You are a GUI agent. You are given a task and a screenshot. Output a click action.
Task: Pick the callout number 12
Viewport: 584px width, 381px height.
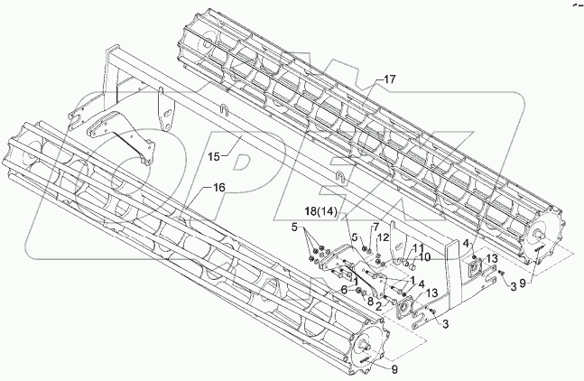(x=384, y=237)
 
